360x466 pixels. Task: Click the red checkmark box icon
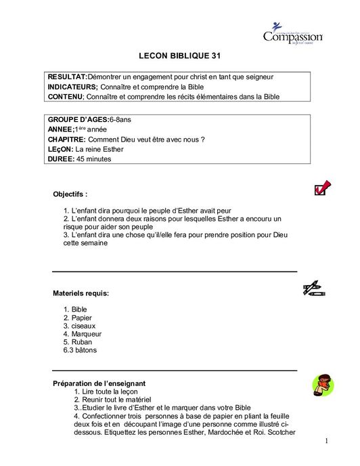click(x=322, y=188)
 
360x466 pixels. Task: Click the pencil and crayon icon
click(x=313, y=290)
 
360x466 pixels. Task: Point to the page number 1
click(x=325, y=443)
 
